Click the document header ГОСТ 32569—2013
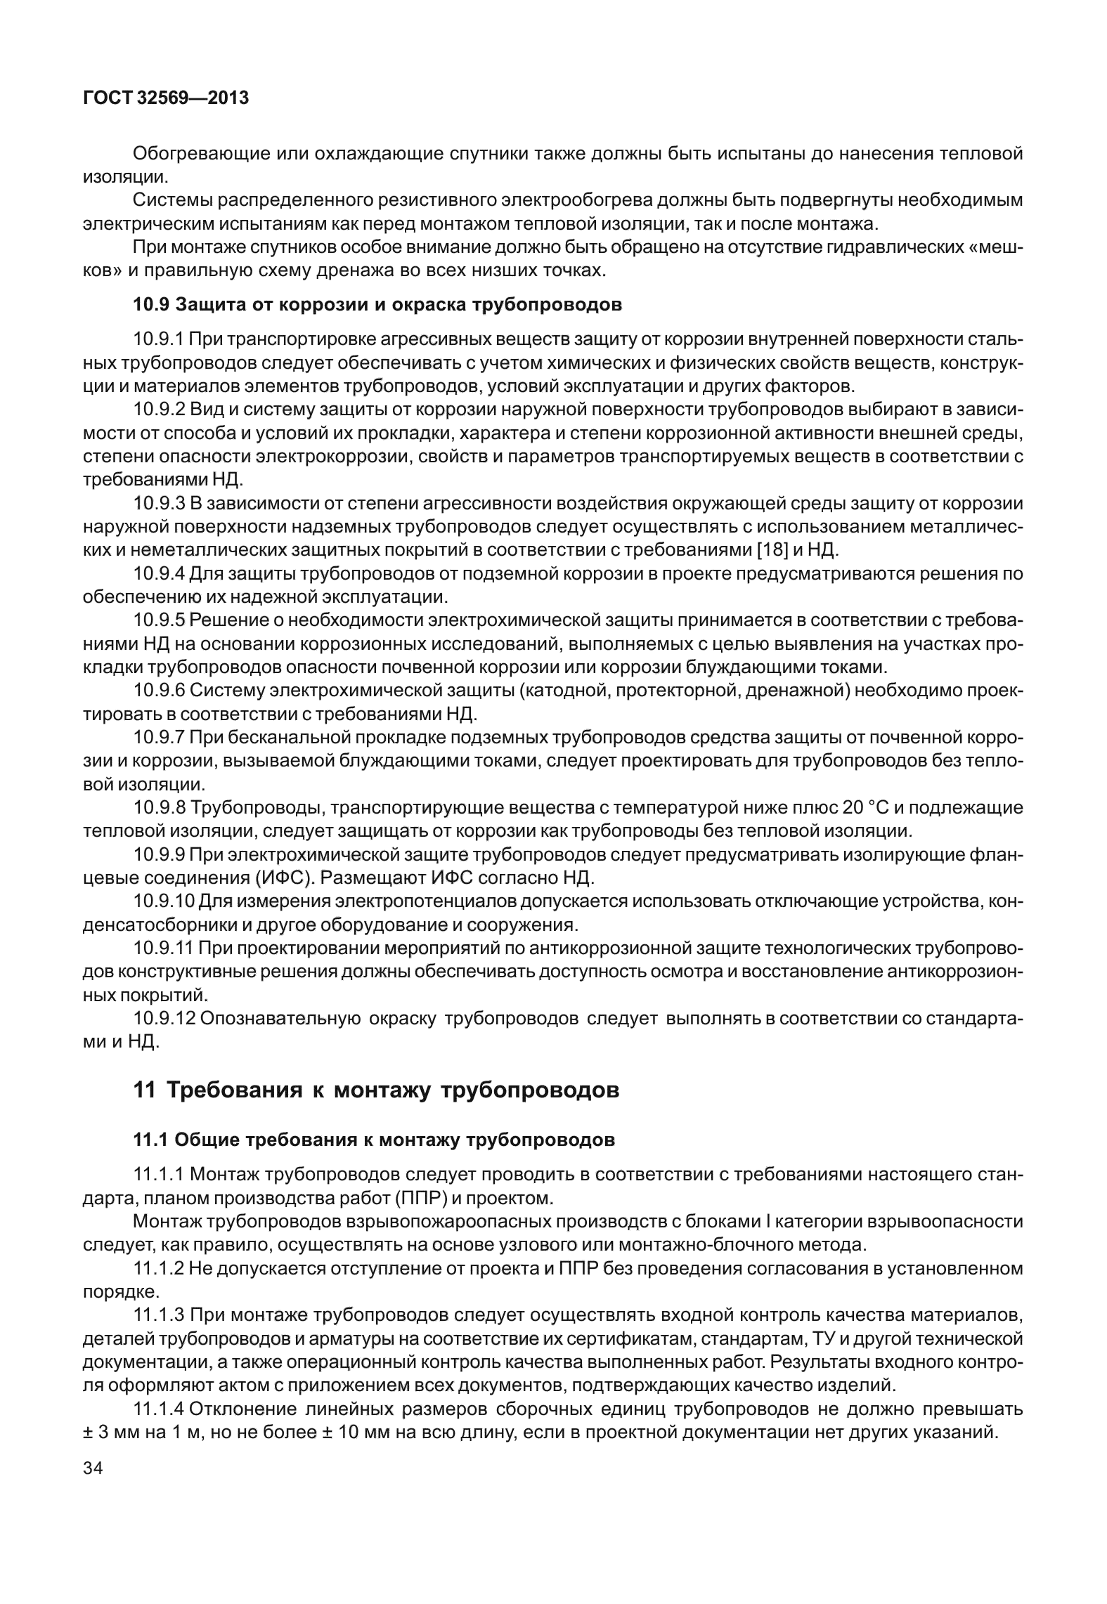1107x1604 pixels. point(166,98)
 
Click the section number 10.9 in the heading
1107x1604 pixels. point(151,305)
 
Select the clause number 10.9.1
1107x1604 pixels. point(158,339)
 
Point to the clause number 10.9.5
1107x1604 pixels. point(158,620)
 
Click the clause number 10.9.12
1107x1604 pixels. point(163,1019)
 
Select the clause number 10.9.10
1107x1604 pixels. point(163,901)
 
